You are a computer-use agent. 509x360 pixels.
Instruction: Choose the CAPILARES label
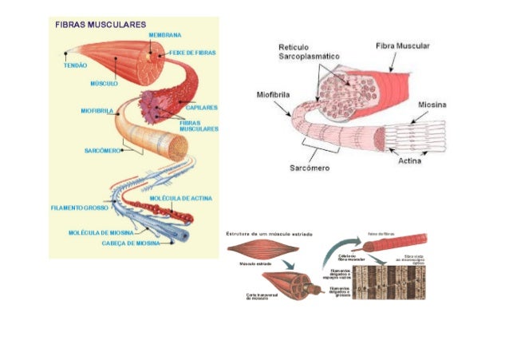pos(202,107)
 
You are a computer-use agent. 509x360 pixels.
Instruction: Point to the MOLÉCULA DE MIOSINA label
pos(101,233)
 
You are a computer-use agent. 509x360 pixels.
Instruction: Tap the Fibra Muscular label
pos(402,46)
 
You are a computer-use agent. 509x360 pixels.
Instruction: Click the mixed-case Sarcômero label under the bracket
pos(309,168)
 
